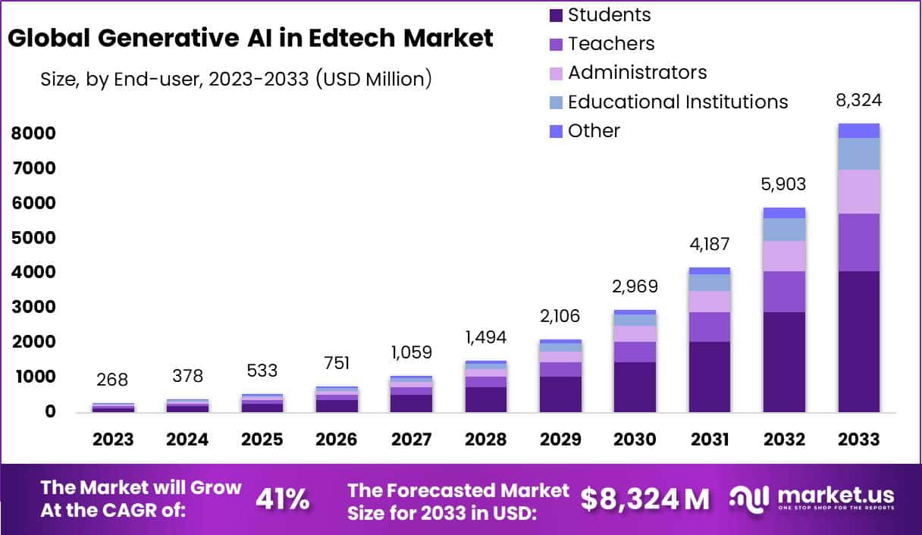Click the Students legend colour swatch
click(556, 15)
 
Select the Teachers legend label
click(611, 44)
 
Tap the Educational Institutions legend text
click(678, 102)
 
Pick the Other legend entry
click(594, 131)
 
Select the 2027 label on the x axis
click(411, 440)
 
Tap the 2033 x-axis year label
click(859, 440)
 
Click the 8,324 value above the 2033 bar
click(859, 101)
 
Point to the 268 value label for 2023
click(113, 379)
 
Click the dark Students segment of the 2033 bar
click(859, 341)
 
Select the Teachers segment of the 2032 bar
click(784, 292)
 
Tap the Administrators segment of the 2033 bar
click(859, 192)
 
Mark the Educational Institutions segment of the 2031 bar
click(710, 282)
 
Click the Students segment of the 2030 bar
click(635, 386)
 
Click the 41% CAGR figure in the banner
click(282, 499)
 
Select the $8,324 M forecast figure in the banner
click(645, 499)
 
